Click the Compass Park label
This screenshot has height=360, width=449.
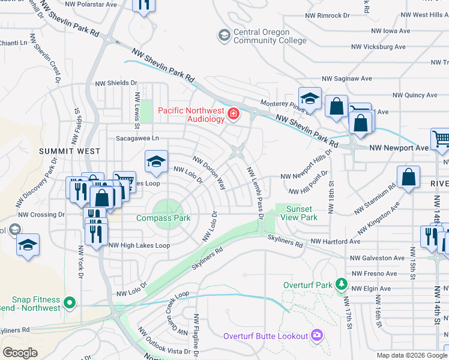pyautogui.click(x=163, y=218)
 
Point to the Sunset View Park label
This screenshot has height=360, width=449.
pyautogui.click(x=301, y=212)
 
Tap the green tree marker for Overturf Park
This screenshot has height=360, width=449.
pyautogui.click(x=341, y=283)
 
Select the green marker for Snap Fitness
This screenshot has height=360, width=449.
pyautogui.click(x=70, y=303)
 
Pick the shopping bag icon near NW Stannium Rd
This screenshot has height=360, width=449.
pyautogui.click(x=408, y=177)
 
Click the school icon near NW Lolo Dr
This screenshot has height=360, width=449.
pyautogui.click(x=156, y=161)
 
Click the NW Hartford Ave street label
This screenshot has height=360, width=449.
pyautogui.click(x=335, y=242)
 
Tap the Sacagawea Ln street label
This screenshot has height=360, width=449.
pyautogui.click(x=140, y=137)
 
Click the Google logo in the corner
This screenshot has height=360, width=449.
pyautogui.click(x=20, y=353)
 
